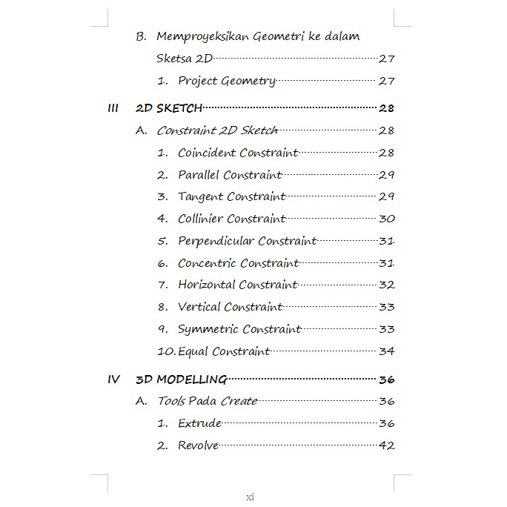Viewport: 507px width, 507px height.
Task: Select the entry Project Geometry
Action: click(226, 81)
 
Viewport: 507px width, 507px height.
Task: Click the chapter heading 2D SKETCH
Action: click(169, 108)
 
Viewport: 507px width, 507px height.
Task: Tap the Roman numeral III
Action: click(113, 108)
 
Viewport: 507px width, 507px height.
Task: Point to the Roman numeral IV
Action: click(113, 380)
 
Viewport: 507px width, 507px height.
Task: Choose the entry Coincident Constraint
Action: click(238, 153)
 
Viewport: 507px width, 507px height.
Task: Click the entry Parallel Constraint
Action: click(230, 175)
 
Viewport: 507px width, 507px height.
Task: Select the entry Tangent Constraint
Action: click(231, 196)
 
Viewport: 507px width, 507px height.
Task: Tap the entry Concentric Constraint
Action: click(238, 263)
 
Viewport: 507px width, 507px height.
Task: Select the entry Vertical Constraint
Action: click(230, 307)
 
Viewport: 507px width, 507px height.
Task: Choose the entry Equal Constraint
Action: click(224, 351)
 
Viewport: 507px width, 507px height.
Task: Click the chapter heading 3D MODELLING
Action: click(182, 380)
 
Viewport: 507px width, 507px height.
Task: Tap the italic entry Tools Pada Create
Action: click(207, 401)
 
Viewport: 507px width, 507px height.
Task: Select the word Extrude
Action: click(199, 423)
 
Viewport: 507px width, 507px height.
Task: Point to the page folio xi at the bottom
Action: click(251, 497)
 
